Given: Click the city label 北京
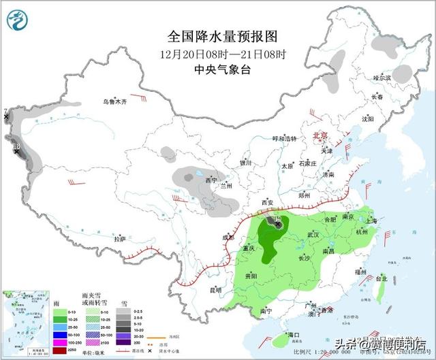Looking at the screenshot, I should (320, 136).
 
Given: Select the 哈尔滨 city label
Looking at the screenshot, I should (382, 78).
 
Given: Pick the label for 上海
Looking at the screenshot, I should (371, 220).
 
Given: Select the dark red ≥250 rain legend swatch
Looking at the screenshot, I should (59, 350).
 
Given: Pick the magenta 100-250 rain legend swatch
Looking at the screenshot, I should (59, 342).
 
